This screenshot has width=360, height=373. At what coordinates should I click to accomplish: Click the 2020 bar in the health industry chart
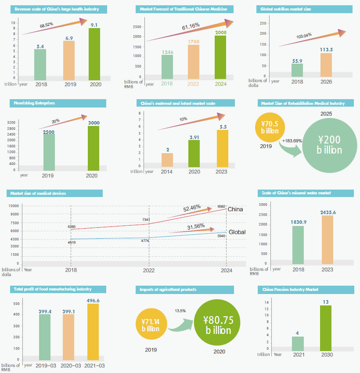click(94, 53)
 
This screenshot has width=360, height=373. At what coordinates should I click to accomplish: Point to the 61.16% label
click(191, 26)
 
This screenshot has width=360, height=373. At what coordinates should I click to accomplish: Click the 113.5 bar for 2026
click(326, 65)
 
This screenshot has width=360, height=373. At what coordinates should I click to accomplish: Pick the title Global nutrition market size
click(286, 9)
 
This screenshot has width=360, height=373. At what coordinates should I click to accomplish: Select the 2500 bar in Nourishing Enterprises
click(49, 151)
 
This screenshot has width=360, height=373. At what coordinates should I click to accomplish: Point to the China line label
click(235, 209)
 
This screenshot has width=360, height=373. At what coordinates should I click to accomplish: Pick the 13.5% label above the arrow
click(180, 311)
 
